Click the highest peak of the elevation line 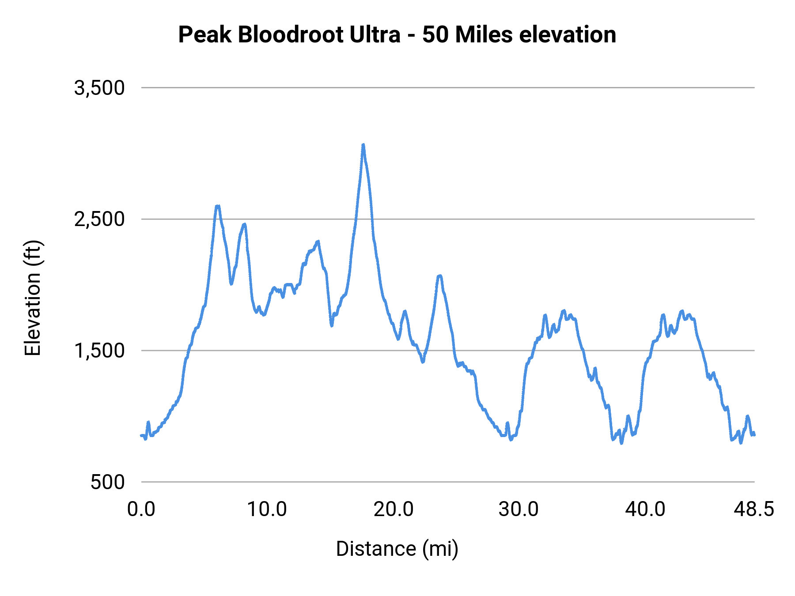pos(363,145)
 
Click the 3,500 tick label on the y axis pos(99,88)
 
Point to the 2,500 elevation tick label pos(99,219)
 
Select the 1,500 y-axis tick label pos(99,351)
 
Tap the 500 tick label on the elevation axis pos(108,482)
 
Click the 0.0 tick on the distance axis pos(141,509)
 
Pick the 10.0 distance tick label pos(267,509)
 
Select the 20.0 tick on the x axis pos(393,509)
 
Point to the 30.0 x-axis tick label pos(519,509)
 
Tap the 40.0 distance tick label pos(645,509)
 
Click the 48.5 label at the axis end pos(754,509)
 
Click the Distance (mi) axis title pos(397,549)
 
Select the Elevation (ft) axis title pos(33,298)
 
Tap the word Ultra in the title pos(375,34)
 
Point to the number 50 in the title pos(435,34)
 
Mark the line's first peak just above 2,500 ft pos(217,206)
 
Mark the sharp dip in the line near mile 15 pos(332,325)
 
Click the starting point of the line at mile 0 pos(142,436)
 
